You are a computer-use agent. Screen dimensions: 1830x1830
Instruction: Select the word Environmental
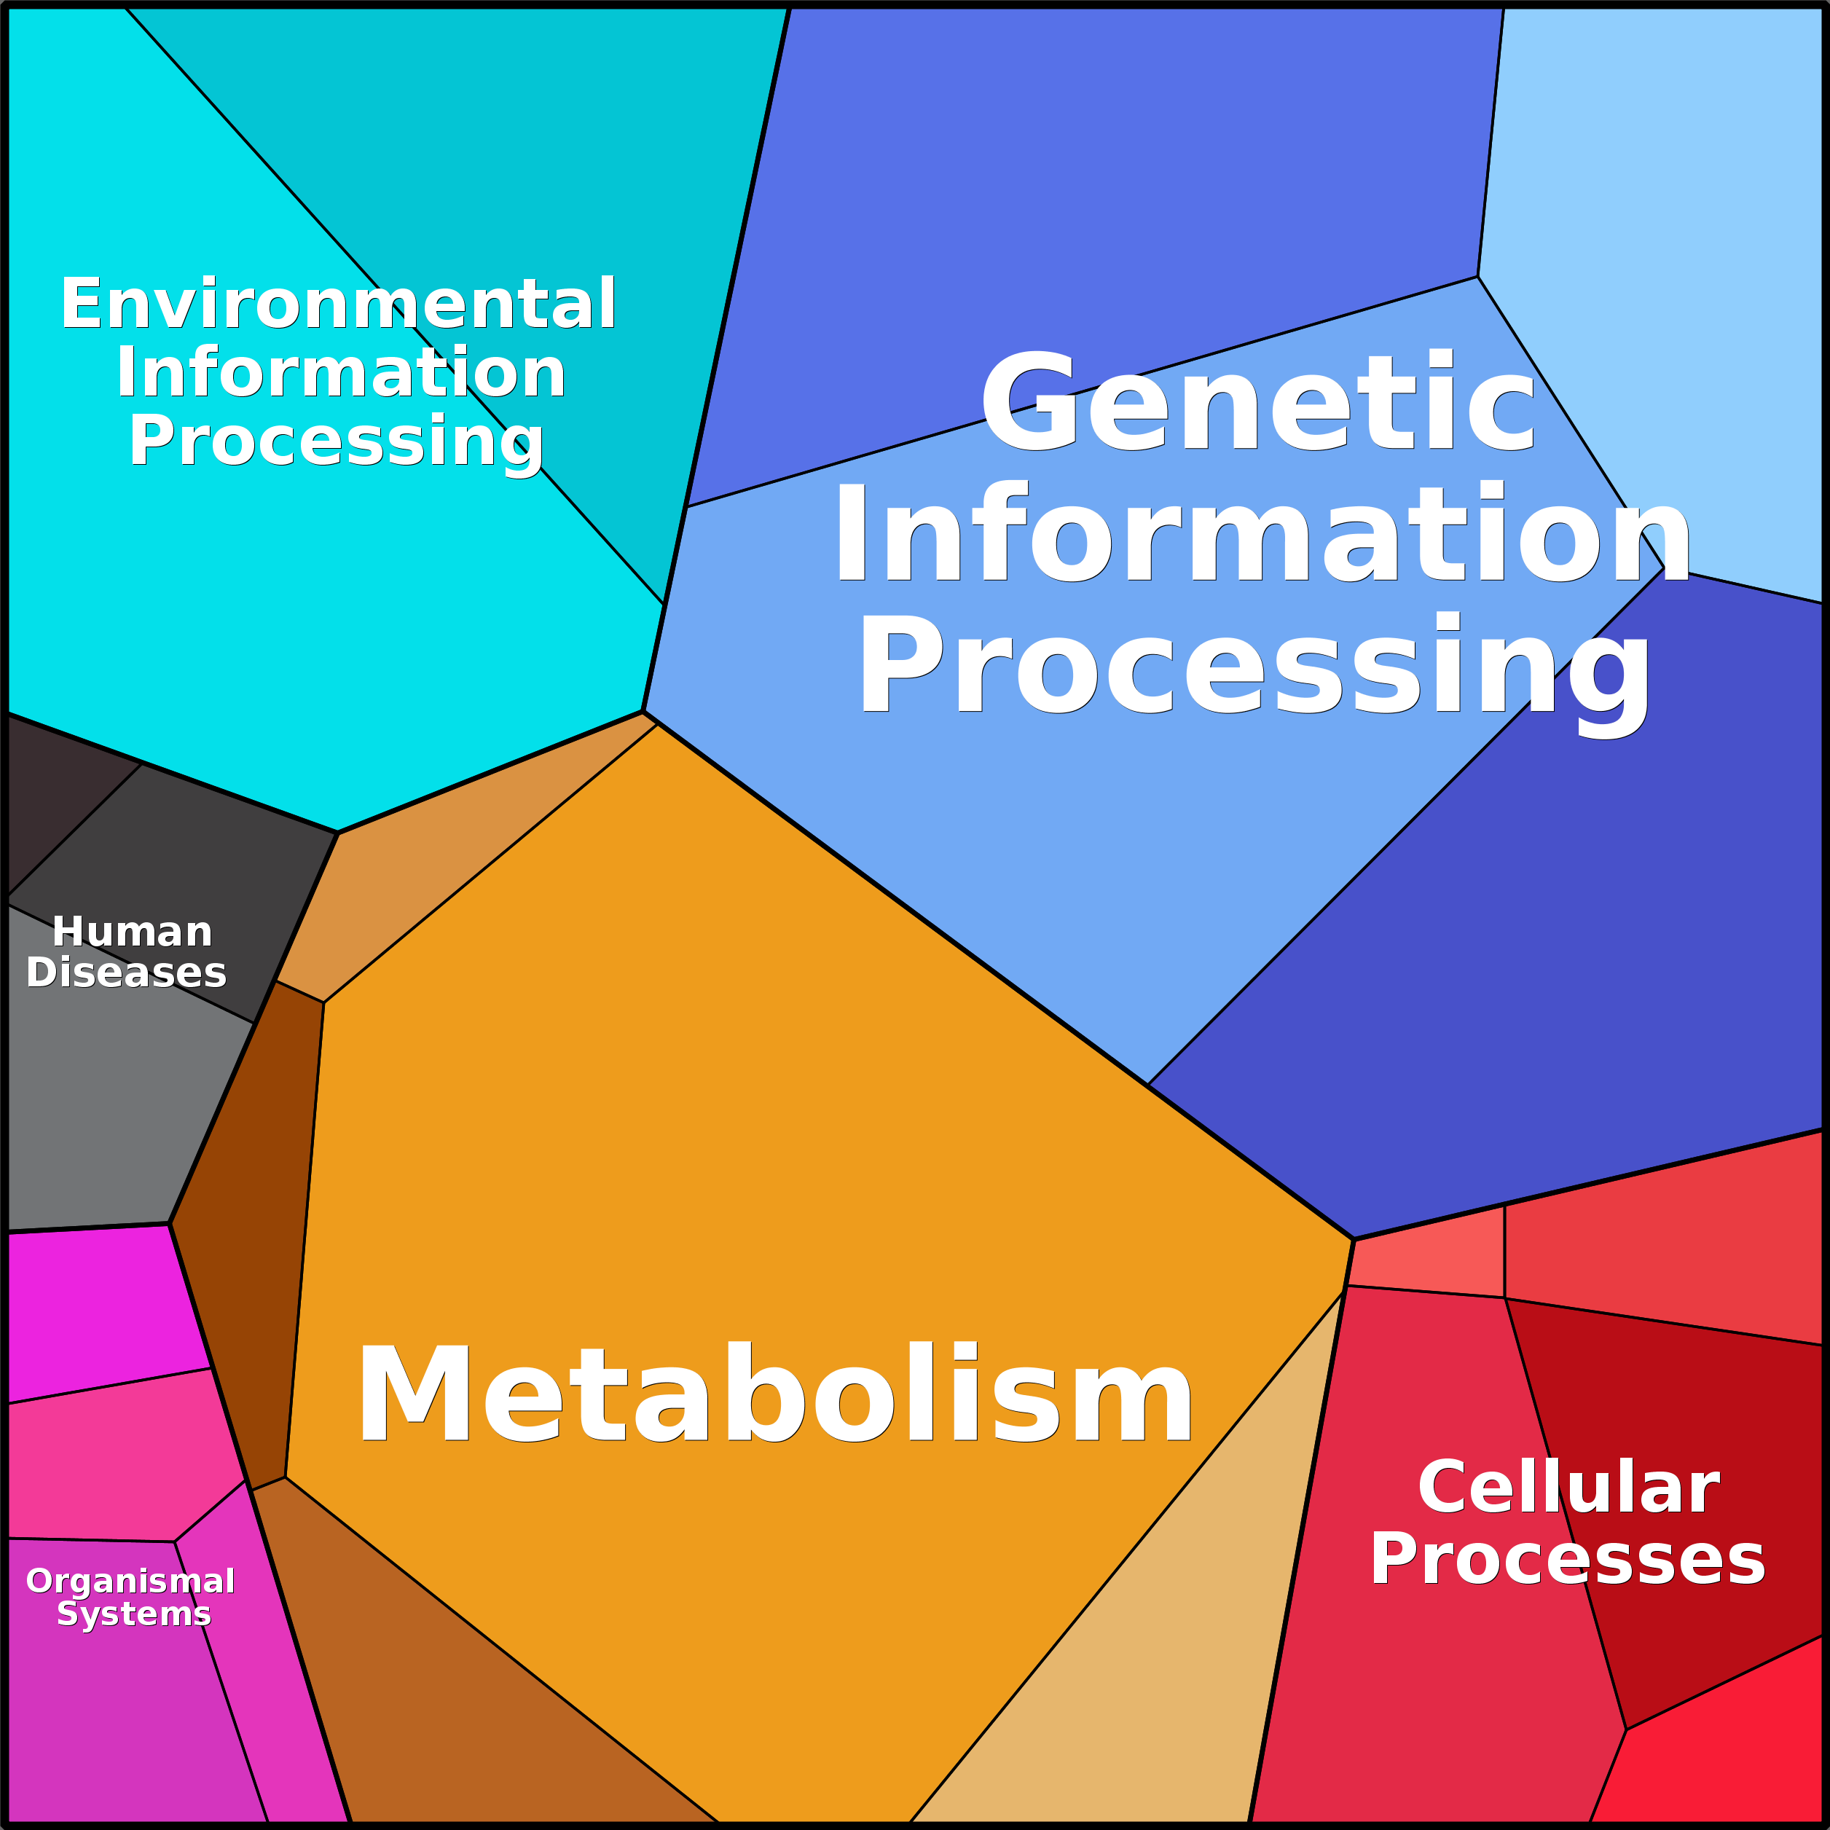[338, 305]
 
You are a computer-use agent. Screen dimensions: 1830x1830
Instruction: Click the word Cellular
[1568, 1488]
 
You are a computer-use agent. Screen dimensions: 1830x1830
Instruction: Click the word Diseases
[126, 973]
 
